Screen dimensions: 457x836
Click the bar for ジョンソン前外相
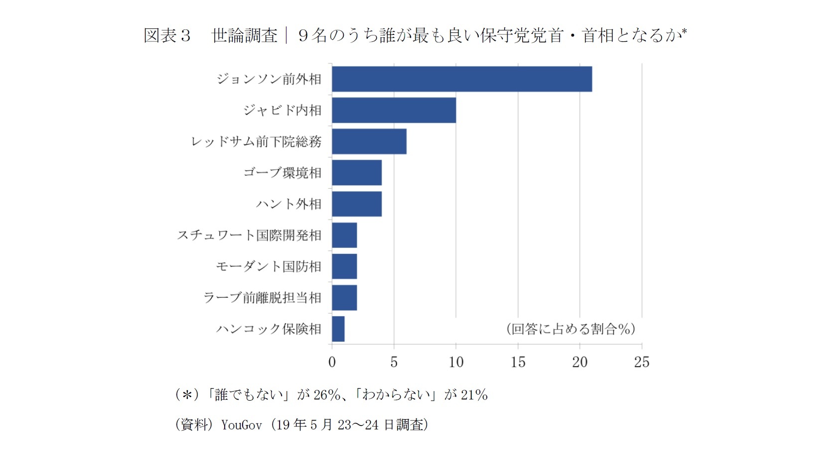coord(462,79)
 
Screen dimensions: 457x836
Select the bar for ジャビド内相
coord(394,110)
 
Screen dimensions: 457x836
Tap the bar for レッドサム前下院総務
coord(369,141)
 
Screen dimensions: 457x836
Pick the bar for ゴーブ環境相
coord(357,173)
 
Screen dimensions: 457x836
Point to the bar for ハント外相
coord(357,204)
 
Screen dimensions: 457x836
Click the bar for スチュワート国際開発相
coord(344,235)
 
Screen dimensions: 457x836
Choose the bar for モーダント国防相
coord(344,266)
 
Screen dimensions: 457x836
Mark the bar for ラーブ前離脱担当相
coord(344,298)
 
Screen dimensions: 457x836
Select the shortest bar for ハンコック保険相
coord(338,329)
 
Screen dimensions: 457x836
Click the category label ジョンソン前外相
coord(269,79)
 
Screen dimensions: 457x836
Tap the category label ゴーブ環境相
coord(282,173)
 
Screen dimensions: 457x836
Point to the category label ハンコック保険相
coord(269,329)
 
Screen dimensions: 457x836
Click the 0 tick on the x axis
coord(332,362)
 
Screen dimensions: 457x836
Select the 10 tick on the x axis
coord(456,362)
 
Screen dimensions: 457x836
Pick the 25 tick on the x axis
coord(642,362)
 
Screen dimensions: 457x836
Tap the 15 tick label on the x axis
coord(518,362)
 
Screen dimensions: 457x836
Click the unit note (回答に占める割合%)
coord(570,329)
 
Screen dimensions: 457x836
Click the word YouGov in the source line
coord(242,425)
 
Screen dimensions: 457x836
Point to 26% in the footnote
coord(327,395)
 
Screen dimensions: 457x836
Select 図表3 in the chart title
coord(167,35)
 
